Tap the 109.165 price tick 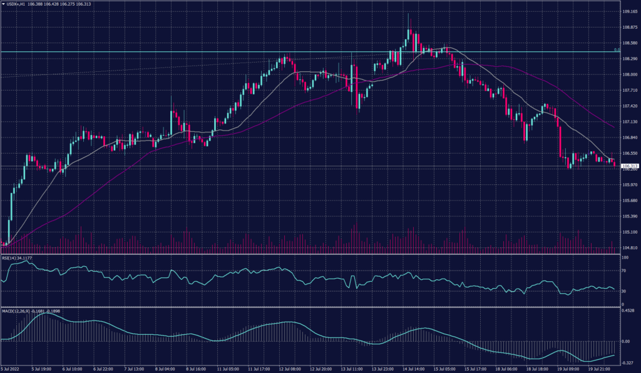[630, 12]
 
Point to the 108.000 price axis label [630, 74]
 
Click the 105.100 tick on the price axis [630, 232]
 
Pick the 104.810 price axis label [630, 248]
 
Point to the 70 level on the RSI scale [625, 272]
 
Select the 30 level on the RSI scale [625, 291]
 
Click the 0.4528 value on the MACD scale [628, 310]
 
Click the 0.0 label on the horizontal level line [617, 49]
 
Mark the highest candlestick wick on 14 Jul [409, 14]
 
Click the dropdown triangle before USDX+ [4, 4]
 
